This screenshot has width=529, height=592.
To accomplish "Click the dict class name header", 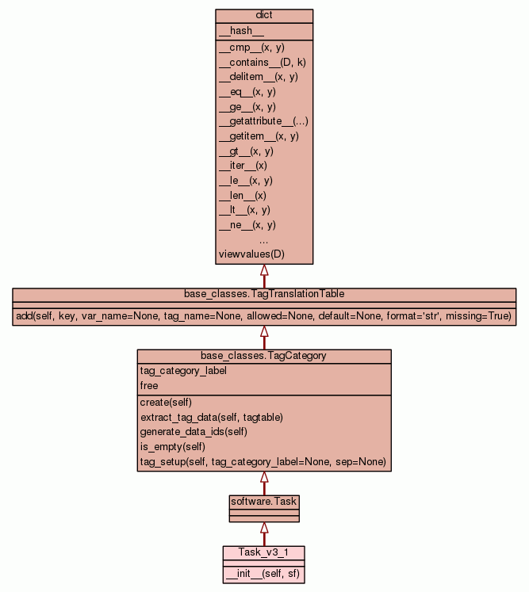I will tap(264, 16).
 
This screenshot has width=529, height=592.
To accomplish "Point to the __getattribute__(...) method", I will tap(263, 121).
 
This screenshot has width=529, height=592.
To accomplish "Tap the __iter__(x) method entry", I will tap(243, 166).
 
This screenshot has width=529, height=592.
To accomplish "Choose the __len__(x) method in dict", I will tap(242, 195).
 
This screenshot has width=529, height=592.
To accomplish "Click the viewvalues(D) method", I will tap(251, 254).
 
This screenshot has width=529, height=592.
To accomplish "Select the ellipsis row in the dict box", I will tap(263, 239).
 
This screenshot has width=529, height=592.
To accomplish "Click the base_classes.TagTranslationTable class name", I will tap(264, 294).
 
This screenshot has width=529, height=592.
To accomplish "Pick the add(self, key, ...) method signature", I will tap(264, 316).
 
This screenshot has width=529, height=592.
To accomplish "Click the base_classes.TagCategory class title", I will tap(263, 356).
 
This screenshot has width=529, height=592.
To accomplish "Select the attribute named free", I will tap(149, 385).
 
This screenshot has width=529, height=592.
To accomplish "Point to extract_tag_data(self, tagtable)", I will tap(211, 417).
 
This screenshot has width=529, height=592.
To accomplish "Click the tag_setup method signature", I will tap(263, 461).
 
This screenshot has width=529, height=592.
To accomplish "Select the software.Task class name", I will tap(264, 502).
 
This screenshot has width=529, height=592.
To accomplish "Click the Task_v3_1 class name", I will tap(264, 552).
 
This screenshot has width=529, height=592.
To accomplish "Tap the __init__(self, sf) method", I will tap(263, 573).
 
